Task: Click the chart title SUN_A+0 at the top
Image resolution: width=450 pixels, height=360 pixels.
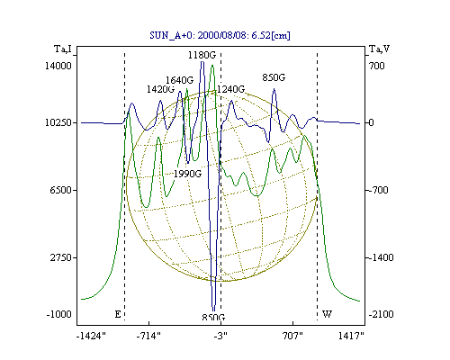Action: tap(220, 36)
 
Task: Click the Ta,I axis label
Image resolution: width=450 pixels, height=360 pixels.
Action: tap(63, 49)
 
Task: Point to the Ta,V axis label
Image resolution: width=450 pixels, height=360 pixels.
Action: tap(379, 49)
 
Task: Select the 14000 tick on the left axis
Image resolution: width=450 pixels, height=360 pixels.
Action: tap(58, 66)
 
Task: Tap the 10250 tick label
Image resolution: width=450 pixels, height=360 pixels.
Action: tap(58, 122)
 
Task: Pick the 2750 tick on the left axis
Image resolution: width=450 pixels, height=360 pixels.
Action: tap(61, 257)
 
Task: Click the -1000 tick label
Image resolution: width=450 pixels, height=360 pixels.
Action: tap(59, 314)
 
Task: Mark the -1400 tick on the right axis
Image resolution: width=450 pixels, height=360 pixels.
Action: tap(381, 257)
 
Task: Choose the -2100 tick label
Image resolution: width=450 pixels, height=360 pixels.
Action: tap(381, 314)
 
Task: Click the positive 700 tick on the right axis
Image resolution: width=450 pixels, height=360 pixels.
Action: tap(377, 66)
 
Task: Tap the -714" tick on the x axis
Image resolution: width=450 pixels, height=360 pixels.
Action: tap(148, 337)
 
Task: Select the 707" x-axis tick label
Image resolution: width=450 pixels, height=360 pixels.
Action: tap(292, 337)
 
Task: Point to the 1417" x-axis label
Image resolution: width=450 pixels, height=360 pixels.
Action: tap(351, 337)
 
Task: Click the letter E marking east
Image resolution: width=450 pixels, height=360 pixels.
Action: tap(118, 314)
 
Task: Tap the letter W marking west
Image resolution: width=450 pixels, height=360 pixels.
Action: tap(327, 314)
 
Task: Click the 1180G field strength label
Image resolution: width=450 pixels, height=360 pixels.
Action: tap(202, 55)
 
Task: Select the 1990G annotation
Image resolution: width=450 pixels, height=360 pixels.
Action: tap(187, 174)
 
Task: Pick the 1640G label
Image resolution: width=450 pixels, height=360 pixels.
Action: tap(180, 80)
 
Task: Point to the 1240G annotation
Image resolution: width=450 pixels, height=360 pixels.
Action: tap(230, 89)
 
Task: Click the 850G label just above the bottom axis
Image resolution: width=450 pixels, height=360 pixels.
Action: tap(213, 318)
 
